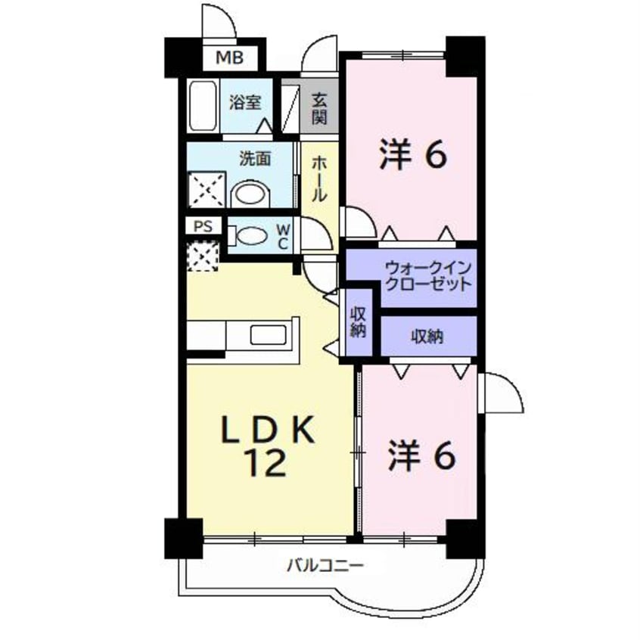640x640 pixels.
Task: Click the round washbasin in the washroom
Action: pyautogui.click(x=250, y=194)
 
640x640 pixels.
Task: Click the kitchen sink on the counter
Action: pyautogui.click(x=266, y=334)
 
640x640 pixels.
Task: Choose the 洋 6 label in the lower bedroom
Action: pyautogui.click(x=422, y=455)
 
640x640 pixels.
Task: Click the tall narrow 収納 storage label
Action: pyautogui.click(x=358, y=322)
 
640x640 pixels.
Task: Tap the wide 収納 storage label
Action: pyautogui.click(x=427, y=338)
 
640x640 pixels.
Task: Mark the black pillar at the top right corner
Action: pyautogui.click(x=463, y=56)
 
